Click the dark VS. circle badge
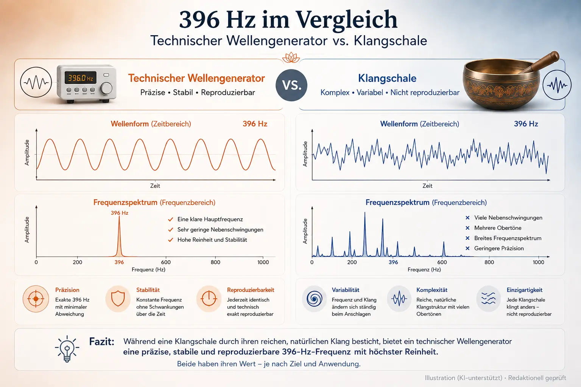[x=291, y=85]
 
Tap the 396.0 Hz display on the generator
[x=80, y=78]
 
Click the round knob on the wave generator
[x=106, y=88]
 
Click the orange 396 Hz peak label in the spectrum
[x=120, y=213]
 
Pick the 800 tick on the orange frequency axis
[x=215, y=262]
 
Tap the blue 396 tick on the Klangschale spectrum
[x=393, y=262]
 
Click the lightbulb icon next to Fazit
[x=67, y=349]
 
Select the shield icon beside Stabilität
[x=118, y=299]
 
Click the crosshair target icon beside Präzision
[x=36, y=299]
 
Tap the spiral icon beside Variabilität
[x=315, y=299]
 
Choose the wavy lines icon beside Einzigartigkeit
[x=489, y=299]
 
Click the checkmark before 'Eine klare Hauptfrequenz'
[x=170, y=220]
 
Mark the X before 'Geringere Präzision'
[x=467, y=248]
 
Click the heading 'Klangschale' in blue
[x=387, y=78]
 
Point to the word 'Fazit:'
[x=102, y=342]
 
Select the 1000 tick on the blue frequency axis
[x=539, y=262]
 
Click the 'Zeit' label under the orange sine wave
[x=155, y=186]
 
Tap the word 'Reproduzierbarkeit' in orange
[x=251, y=290]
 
